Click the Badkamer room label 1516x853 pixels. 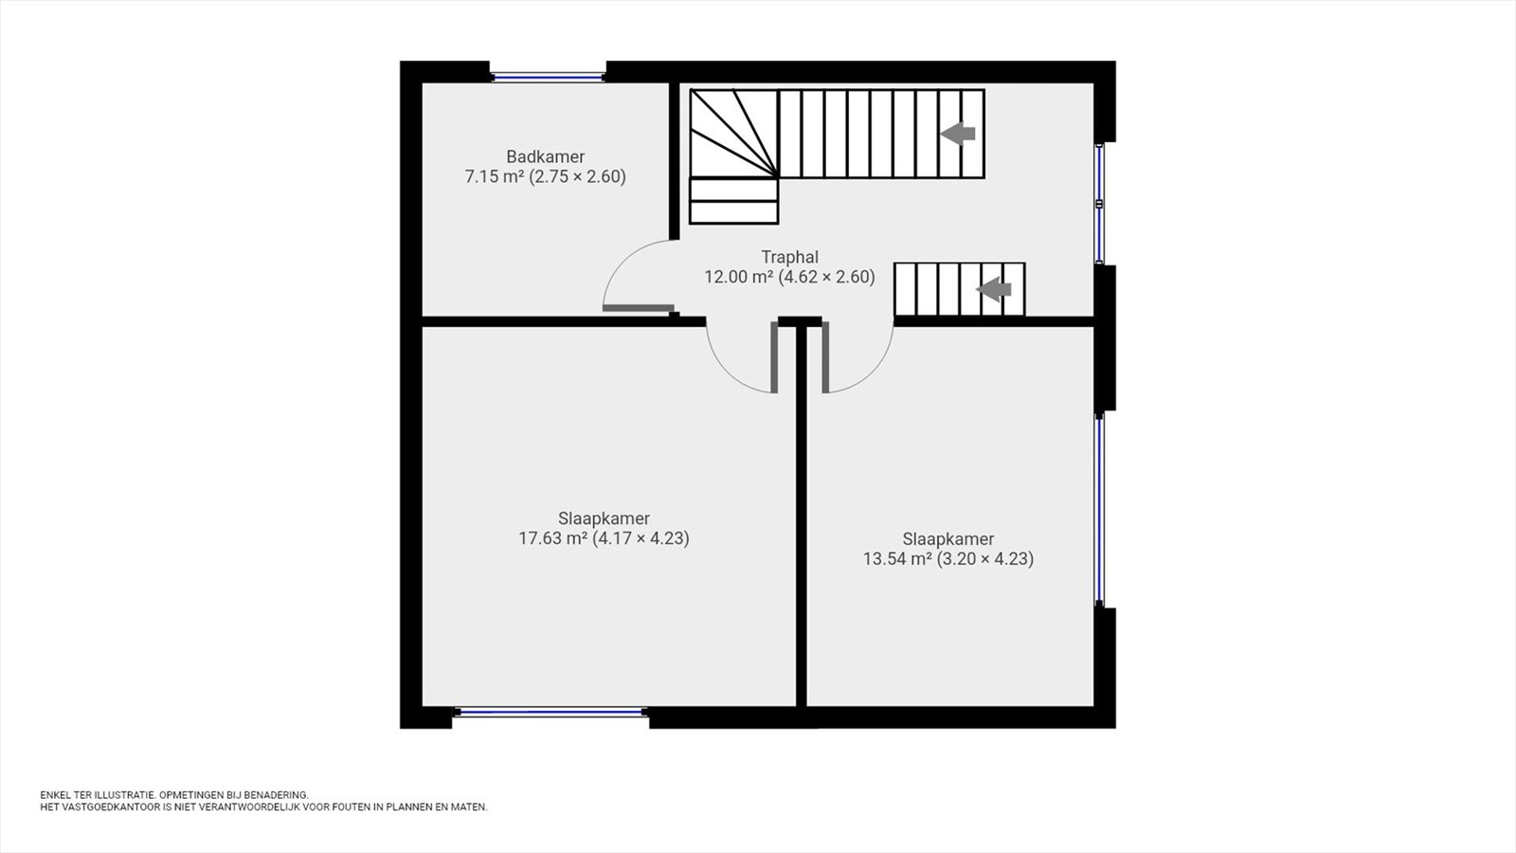click(x=546, y=156)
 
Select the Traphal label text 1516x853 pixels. click(x=790, y=257)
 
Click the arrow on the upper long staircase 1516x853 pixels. click(x=958, y=134)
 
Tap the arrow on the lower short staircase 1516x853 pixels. click(x=994, y=290)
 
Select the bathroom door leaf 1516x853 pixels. click(x=639, y=308)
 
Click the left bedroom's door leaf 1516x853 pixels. click(x=773, y=356)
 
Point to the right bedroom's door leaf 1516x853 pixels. click(x=825, y=356)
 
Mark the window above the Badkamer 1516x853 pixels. click(x=548, y=77)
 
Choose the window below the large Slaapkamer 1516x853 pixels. click(x=550, y=712)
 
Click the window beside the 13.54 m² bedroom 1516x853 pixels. click(x=1100, y=509)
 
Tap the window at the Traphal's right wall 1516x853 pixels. click(x=1100, y=203)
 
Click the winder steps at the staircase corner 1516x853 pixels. click(x=734, y=134)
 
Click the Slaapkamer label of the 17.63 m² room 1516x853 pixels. click(x=604, y=518)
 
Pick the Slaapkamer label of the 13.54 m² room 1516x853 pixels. click(x=948, y=539)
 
